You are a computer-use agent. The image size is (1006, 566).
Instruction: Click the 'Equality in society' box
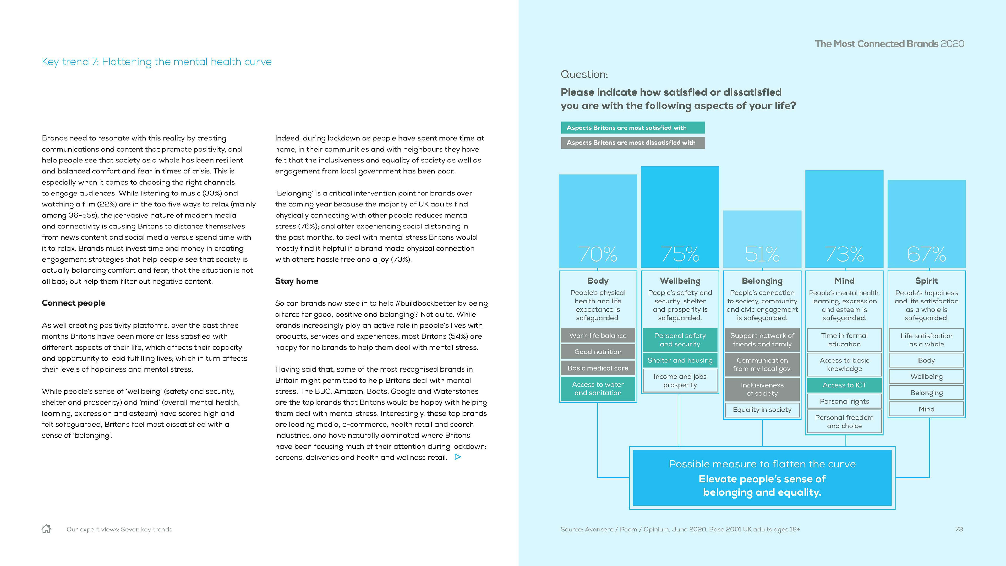tap(762, 410)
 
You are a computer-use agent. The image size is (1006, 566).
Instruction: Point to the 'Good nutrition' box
tap(598, 352)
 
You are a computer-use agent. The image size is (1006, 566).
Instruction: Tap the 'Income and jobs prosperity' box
tap(680, 381)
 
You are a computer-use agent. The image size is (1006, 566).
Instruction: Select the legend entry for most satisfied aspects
tap(633, 128)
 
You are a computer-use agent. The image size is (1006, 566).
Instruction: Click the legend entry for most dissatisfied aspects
tap(633, 143)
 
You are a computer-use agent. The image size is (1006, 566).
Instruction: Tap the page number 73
tap(959, 529)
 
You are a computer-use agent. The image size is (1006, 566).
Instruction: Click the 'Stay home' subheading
tap(296, 281)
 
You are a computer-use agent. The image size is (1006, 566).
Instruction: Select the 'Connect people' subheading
tap(73, 303)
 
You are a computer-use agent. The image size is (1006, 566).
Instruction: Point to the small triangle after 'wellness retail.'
tap(458, 457)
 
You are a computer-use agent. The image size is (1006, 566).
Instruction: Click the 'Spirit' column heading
tap(926, 281)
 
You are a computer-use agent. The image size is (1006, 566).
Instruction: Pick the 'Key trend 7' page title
tap(157, 62)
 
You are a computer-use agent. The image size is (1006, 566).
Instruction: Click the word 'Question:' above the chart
tap(584, 74)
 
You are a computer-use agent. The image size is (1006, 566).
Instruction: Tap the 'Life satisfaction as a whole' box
tap(926, 340)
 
